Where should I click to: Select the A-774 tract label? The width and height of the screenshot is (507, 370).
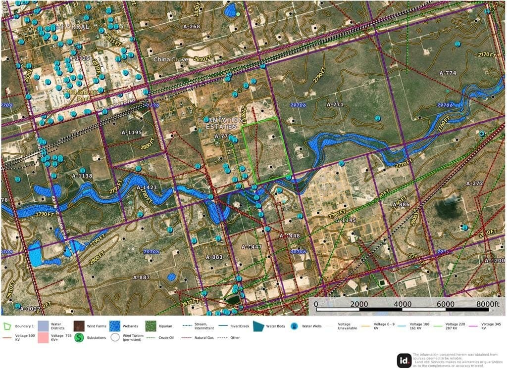[448, 73]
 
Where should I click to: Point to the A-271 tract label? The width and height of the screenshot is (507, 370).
[335, 105]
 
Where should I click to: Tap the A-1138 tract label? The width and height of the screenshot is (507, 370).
[82, 176]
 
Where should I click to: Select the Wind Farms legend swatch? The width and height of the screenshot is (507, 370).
[79, 326]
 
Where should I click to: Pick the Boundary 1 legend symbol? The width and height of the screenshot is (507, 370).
[8, 326]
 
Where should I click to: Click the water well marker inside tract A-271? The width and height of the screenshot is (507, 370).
[377, 118]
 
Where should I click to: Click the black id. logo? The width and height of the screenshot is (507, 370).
[404, 361]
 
